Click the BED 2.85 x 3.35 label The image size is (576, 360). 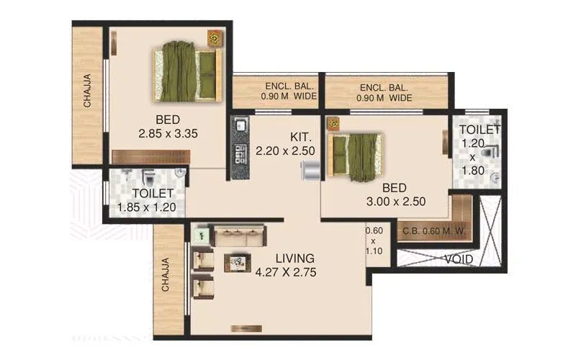168,126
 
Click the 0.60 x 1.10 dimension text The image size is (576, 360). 373,242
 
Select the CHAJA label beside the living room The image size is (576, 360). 165,274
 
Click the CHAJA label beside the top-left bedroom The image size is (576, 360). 87,91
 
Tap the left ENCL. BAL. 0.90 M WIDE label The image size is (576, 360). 277,92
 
